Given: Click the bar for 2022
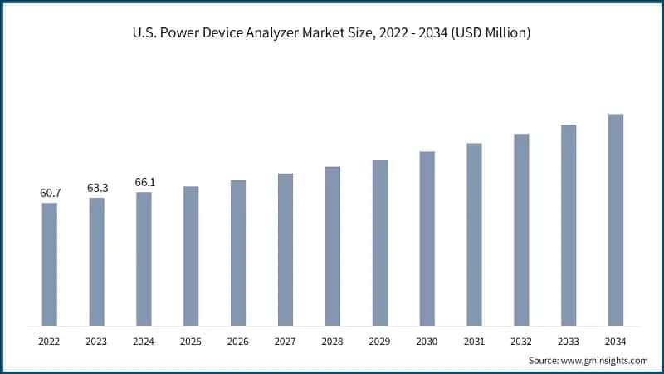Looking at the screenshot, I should click(50, 264).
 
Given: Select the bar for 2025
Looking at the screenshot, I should click(191, 256).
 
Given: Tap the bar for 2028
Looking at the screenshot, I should click(333, 246).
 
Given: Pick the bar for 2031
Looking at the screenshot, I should click(474, 234).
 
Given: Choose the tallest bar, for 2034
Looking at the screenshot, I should click(616, 220).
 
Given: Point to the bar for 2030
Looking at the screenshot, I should click(427, 239).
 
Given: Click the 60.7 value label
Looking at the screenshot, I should click(50, 194).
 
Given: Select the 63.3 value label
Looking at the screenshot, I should click(97, 188).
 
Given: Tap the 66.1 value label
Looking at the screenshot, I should click(144, 182).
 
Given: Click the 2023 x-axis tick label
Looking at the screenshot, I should click(97, 341).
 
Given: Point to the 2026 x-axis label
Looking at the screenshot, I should click(238, 341).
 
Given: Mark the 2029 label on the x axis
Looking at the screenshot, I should click(380, 341).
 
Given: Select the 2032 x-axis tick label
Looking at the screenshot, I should click(521, 341).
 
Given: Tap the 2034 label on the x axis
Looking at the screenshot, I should click(616, 341).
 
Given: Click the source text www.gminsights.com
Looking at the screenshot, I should click(605, 360).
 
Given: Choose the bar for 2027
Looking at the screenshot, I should click(286, 249).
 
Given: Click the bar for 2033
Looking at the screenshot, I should click(569, 225).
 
